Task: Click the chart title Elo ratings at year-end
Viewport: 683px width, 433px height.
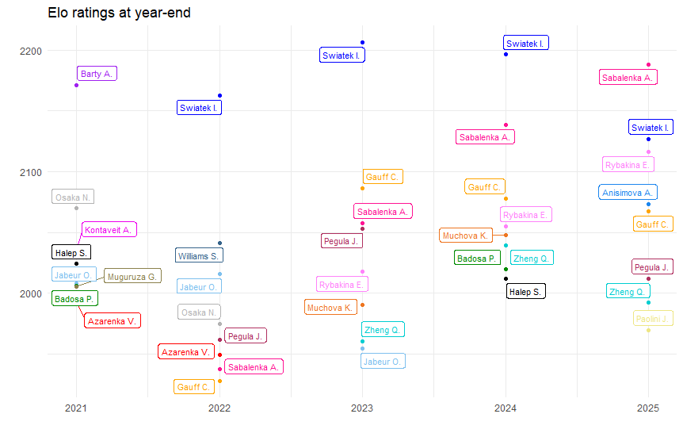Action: click(x=119, y=13)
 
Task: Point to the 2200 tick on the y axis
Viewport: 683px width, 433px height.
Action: click(x=31, y=51)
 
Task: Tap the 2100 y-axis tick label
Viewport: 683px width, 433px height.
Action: click(x=31, y=172)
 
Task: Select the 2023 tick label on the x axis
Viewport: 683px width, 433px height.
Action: click(x=362, y=408)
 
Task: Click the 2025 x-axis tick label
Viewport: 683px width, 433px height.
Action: click(x=648, y=408)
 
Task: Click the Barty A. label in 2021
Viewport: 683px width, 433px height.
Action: click(x=97, y=74)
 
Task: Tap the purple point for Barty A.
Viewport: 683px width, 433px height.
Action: click(x=76, y=85)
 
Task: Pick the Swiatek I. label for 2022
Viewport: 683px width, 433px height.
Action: click(x=199, y=108)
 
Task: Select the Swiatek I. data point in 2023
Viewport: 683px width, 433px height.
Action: click(x=362, y=43)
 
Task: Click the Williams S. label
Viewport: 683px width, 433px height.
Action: click(x=199, y=255)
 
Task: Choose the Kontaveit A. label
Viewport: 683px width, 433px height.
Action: click(x=110, y=230)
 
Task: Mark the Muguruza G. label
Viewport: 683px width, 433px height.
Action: click(x=132, y=276)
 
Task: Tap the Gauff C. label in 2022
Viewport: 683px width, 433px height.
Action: click(x=194, y=387)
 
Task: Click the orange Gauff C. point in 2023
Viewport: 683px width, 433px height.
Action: click(x=362, y=188)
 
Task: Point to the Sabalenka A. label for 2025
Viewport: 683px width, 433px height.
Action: click(x=627, y=78)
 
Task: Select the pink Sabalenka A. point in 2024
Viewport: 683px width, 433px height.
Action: click(x=506, y=125)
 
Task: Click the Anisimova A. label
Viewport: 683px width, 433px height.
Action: click(x=627, y=192)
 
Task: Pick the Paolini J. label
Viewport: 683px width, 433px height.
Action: click(x=654, y=319)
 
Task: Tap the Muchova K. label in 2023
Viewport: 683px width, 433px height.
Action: click(x=330, y=308)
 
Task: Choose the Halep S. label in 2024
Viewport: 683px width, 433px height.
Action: click(x=525, y=292)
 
